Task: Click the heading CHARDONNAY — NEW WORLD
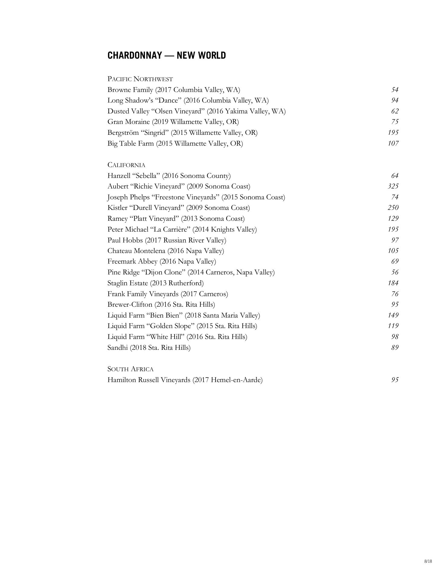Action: [x=167, y=55]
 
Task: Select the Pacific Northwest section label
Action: [x=140, y=79]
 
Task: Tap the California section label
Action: [x=126, y=165]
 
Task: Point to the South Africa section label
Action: [x=130, y=369]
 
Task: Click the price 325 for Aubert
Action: [x=393, y=186]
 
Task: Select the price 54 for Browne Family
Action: [x=395, y=90]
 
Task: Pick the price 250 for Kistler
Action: [x=393, y=208]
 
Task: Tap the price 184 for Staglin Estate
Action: [x=393, y=283]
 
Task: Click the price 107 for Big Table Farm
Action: [x=393, y=144]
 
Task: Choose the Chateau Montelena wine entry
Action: [x=166, y=251]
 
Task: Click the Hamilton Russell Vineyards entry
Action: [x=185, y=380]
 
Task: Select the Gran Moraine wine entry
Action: [x=173, y=122]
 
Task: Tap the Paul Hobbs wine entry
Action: [x=167, y=240]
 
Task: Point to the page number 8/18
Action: [x=428, y=561]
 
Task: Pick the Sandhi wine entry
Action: [x=149, y=348]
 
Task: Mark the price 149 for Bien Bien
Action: [x=393, y=315]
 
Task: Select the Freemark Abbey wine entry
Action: [x=162, y=261]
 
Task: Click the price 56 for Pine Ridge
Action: [x=395, y=272]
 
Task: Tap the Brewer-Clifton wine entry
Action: [x=161, y=305]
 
